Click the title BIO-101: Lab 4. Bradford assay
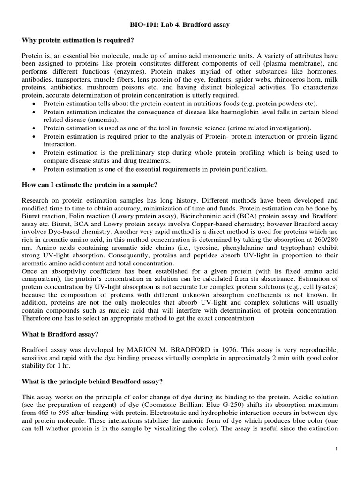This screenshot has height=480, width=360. click(180, 25)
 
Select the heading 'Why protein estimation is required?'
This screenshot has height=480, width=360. click(72, 41)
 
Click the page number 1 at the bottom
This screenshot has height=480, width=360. click(337, 450)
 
